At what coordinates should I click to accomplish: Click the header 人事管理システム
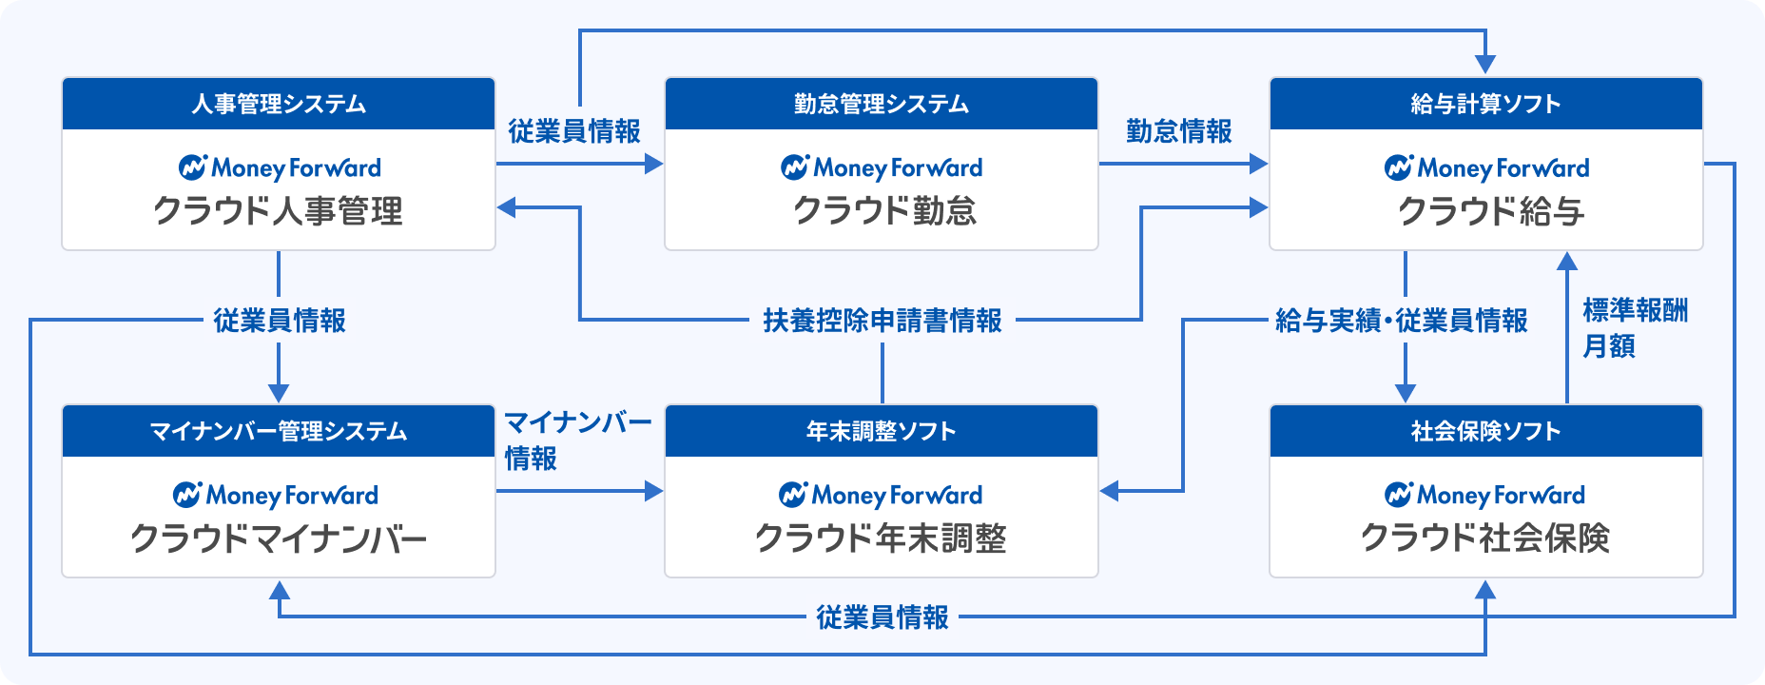coord(279,104)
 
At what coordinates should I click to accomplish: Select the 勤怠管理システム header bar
coord(882,104)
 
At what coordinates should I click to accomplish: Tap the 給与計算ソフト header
coord(1486,104)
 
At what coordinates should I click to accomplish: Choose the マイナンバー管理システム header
coord(279,431)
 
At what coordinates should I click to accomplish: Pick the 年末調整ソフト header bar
coord(882,431)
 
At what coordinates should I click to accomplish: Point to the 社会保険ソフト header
coord(1486,431)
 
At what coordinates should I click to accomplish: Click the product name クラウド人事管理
coord(279,211)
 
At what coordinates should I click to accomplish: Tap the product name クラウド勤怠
coord(885,211)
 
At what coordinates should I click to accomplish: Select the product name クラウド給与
coord(1491,211)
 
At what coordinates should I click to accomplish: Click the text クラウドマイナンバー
coord(279,538)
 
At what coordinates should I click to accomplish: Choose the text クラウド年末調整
coord(881,538)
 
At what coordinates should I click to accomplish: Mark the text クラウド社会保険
coord(1485,538)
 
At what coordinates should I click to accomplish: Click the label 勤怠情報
coord(1179,131)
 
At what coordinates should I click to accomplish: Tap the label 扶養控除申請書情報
coord(882,321)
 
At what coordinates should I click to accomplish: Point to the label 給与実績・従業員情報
coord(1402,321)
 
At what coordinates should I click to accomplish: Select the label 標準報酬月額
coord(1635,328)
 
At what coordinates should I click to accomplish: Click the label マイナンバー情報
coord(577,440)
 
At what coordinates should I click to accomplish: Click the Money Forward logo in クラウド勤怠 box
coord(882,168)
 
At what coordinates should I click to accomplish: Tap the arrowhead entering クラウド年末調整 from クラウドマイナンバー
coord(654,491)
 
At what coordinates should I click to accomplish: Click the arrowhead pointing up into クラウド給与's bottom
coord(1567,262)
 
